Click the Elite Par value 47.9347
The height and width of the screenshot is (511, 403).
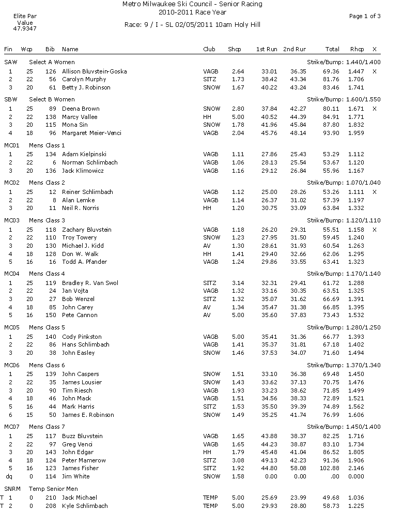coord(25,29)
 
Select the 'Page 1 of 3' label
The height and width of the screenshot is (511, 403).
coord(365,16)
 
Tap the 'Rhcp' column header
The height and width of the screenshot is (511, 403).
coord(357,49)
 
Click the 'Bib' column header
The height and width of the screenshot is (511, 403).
coord(50,49)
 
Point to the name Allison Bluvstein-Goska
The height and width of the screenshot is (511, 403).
coord(94,71)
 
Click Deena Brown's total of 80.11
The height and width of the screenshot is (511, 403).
coord(332,109)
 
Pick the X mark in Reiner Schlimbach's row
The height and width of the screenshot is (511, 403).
coord(374,192)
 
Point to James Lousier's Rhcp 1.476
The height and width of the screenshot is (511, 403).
coord(357,382)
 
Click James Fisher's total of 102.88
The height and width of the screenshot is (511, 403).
coord(331,468)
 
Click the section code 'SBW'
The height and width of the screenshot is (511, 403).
coord(10,98)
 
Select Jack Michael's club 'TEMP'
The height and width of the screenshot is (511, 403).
coord(211,498)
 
